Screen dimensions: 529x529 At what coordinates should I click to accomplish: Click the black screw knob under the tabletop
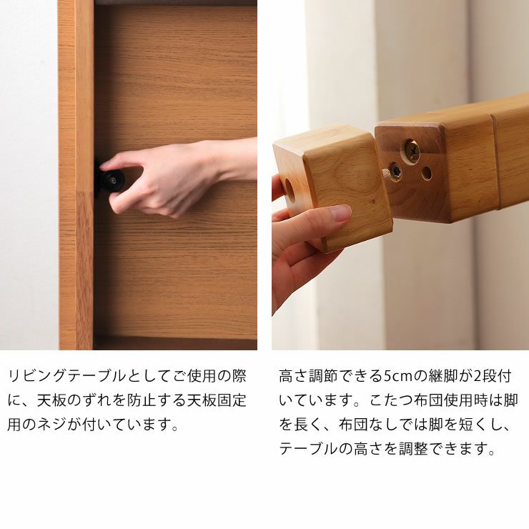112,180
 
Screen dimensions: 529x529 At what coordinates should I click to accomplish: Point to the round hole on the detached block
290,190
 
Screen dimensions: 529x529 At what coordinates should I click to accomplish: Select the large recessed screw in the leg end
412,150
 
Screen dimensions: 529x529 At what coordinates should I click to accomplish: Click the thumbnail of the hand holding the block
341,212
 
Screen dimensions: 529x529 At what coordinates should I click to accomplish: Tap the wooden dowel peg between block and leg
386,174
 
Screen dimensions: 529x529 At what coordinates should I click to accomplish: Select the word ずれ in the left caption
99,400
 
